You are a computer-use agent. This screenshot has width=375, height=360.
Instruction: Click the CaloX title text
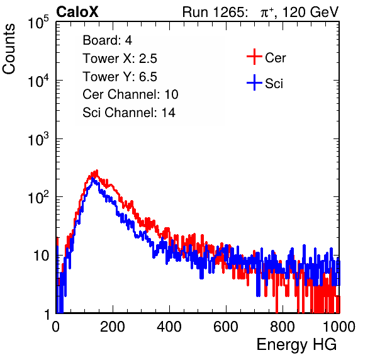coord(77,12)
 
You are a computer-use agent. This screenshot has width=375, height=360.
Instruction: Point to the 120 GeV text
coord(311,12)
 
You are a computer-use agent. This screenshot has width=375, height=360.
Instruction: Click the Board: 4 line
coord(108,40)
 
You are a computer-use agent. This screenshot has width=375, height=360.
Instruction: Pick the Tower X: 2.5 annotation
coord(120,59)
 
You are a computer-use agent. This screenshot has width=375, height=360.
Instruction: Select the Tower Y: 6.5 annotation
coord(120,77)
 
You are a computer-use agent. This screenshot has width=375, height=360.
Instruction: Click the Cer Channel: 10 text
coord(130,94)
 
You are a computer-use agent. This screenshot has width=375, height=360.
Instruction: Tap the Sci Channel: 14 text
coord(129,113)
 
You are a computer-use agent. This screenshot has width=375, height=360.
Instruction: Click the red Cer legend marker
coord(254,57)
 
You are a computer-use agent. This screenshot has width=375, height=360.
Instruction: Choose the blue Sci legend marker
coord(254,83)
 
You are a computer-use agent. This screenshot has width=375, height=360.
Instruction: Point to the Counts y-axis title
coord(9,49)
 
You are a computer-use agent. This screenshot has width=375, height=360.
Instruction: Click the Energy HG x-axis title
coord(296,344)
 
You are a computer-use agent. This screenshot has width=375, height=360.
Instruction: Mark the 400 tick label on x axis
coord(169,326)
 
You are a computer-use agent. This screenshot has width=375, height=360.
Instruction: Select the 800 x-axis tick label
coord(283,326)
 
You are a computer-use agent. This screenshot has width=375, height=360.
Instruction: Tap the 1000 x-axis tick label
coord(339,326)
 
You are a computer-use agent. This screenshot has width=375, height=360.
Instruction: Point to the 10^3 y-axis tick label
coord(38,139)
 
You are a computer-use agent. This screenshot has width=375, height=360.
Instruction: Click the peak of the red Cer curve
coord(97,171)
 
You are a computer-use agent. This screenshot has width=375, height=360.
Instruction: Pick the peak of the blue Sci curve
coord(92,179)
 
